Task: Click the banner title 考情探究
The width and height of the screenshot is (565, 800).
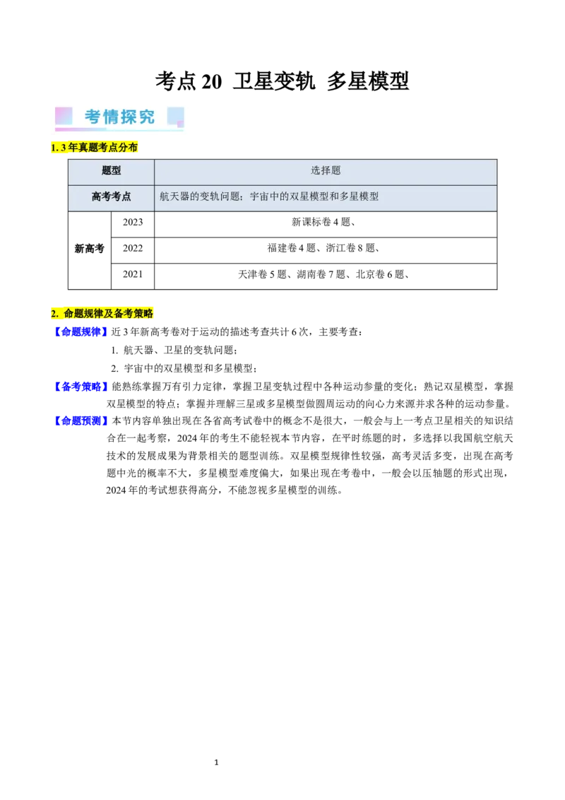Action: point(120,117)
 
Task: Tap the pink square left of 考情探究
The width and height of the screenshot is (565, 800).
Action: point(64,116)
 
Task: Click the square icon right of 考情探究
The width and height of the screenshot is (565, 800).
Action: point(176,117)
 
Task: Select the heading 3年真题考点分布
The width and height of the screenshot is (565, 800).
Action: point(99,147)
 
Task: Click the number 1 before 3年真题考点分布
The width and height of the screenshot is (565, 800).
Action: point(54,147)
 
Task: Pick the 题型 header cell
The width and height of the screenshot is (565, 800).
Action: point(111,171)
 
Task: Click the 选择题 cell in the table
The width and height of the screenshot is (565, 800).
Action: point(326,171)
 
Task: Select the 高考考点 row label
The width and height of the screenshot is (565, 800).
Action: point(111,196)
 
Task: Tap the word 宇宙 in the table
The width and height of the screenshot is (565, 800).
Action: point(260,196)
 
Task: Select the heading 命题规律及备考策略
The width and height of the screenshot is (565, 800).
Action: point(108,314)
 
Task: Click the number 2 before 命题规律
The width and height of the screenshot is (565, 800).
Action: point(54,314)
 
